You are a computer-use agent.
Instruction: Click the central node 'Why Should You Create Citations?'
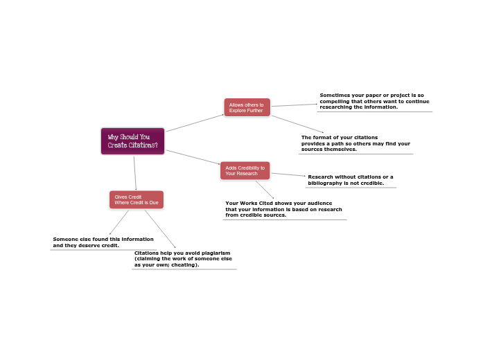(132, 141)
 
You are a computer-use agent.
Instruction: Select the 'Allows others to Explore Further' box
(247, 107)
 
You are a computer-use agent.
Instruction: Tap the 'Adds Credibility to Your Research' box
(245, 170)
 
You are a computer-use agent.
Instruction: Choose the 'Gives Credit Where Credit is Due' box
(137, 199)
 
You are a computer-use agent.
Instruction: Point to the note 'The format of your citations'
(355, 143)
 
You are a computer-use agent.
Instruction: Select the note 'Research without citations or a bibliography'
(351, 180)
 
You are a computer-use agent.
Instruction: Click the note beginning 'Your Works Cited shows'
(284, 209)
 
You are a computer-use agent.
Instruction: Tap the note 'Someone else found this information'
(103, 242)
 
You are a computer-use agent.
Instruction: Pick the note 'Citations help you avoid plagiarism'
(183, 259)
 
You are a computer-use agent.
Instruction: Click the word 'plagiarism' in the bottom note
(213, 253)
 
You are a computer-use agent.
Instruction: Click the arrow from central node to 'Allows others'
(195, 123)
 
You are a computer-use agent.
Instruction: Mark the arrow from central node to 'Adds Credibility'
(193, 157)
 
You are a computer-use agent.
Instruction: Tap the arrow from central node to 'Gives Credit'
(135, 172)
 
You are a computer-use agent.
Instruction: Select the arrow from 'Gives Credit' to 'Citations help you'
(160, 228)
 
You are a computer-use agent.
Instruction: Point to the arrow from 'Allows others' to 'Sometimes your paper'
(293, 105)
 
